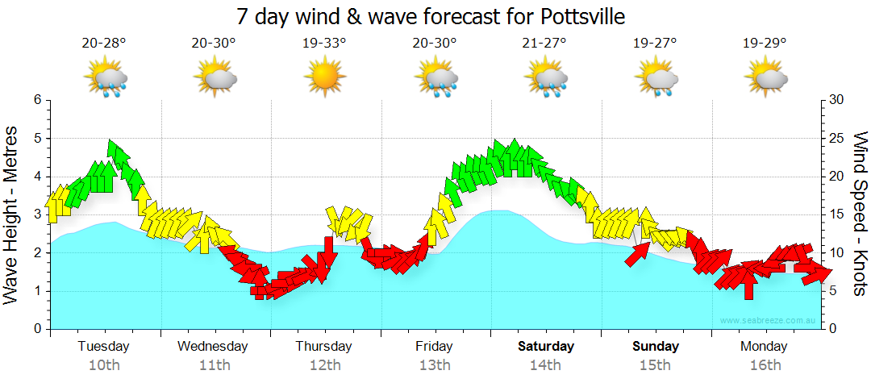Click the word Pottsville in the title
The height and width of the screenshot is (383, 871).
579,16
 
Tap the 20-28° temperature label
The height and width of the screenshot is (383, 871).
104,44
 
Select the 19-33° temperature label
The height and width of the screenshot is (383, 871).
324,44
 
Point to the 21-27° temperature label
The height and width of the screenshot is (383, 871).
544,44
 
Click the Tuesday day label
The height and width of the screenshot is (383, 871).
103,347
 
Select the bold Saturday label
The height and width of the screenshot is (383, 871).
546,347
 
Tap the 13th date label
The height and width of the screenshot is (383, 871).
435,365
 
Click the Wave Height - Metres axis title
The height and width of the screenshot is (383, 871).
13,214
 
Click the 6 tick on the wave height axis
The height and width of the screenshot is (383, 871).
36,100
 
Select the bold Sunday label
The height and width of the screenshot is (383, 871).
655,347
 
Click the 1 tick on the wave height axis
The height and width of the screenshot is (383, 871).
36,291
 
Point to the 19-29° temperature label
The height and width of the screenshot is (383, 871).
765,44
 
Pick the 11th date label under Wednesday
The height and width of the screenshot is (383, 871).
214,365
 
